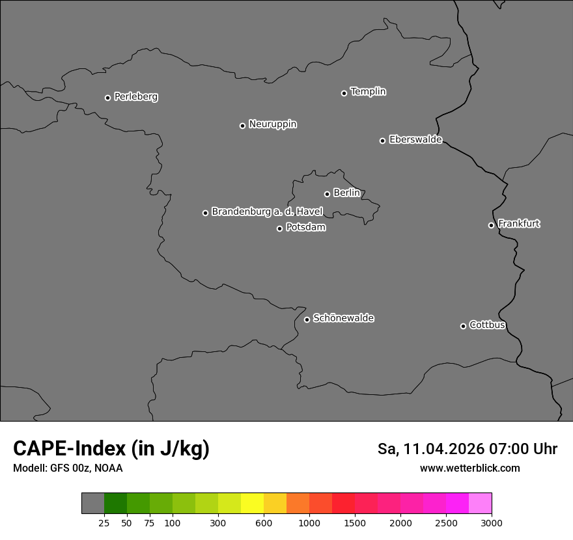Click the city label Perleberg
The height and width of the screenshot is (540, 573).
coord(135,97)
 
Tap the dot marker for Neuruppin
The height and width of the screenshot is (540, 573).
coord(242,126)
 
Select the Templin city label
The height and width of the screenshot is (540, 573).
coord(368,92)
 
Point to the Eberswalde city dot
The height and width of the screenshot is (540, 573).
coord(382,141)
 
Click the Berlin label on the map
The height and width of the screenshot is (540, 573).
coord(346,193)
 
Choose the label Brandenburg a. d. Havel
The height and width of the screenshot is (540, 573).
coord(267,212)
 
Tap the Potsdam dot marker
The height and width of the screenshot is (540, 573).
coord(279,228)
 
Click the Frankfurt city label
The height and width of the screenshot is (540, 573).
coord(518,224)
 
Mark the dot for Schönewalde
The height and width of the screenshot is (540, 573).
coord(307,319)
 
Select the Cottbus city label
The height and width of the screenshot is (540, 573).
coord(487,325)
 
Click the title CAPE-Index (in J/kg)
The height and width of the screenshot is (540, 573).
coord(111,449)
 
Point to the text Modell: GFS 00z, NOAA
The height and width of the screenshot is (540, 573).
coord(68,468)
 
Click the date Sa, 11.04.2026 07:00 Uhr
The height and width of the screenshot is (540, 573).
coord(467,449)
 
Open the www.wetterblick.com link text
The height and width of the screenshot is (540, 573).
coord(469,468)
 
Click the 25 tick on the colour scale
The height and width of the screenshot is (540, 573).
coord(104,522)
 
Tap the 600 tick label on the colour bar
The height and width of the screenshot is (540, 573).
coord(264,522)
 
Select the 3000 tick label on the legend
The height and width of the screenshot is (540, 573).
coord(492,522)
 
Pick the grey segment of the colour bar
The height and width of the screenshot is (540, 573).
coord(92,504)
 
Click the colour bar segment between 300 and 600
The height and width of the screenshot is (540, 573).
coord(241,504)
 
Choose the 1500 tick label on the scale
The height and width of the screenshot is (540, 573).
coord(355,522)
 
